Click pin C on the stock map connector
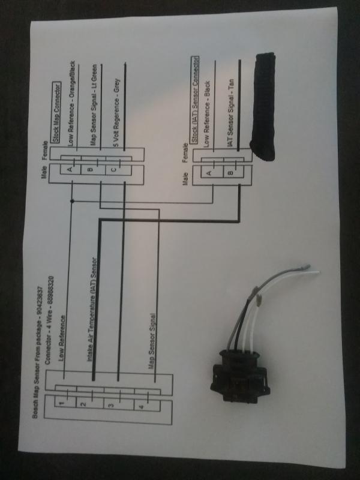[x=113, y=169]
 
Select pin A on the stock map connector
[x=70, y=169]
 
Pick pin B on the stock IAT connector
[x=230, y=173]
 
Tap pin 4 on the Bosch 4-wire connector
[x=141, y=407]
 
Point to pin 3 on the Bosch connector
[x=110, y=406]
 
